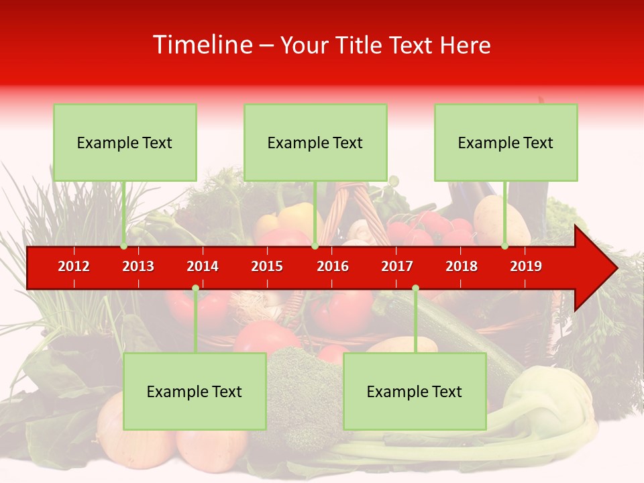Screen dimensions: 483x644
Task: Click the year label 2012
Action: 74,266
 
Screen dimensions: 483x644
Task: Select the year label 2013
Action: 138,266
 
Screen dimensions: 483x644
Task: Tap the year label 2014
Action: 203,266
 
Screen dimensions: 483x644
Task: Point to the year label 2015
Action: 267,266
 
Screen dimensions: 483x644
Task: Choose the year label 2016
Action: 333,266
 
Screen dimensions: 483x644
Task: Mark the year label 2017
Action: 397,266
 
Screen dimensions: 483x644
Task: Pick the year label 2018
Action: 462,266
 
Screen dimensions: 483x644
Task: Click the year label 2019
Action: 526,266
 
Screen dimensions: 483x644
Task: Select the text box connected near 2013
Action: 125,142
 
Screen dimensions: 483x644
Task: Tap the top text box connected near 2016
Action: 315,142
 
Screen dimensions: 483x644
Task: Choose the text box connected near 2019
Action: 506,142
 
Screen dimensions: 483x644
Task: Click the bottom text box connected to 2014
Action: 195,391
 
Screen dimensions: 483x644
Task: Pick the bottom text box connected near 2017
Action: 415,391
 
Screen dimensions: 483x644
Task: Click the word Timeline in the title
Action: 202,45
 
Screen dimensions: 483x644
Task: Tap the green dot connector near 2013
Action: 124,246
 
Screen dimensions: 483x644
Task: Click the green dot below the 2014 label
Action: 195,288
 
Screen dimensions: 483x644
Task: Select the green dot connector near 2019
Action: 505,246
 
